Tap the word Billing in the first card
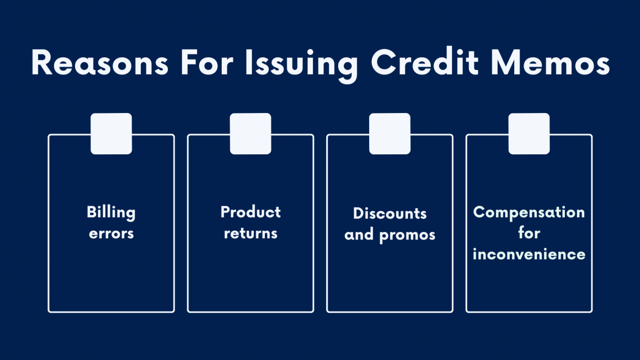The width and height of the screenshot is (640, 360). pos(111,212)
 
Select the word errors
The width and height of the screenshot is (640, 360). pos(111,233)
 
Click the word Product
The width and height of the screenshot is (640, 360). pos(250,212)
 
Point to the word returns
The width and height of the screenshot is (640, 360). pos(250,233)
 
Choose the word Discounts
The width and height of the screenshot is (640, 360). pos(390,213)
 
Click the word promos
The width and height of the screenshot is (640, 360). pos(408,235)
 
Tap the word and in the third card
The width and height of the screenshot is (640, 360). pos(359,235)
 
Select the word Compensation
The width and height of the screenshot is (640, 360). pos(529,212)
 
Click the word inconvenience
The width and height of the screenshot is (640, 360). pos(529,254)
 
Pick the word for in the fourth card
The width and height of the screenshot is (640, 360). pos(529,233)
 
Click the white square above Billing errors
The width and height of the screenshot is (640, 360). pos(111,133)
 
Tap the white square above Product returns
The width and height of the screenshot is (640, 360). pos(250,133)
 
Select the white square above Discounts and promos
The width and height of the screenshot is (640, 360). pos(390,133)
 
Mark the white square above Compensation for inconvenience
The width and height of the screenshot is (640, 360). pos(529,133)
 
